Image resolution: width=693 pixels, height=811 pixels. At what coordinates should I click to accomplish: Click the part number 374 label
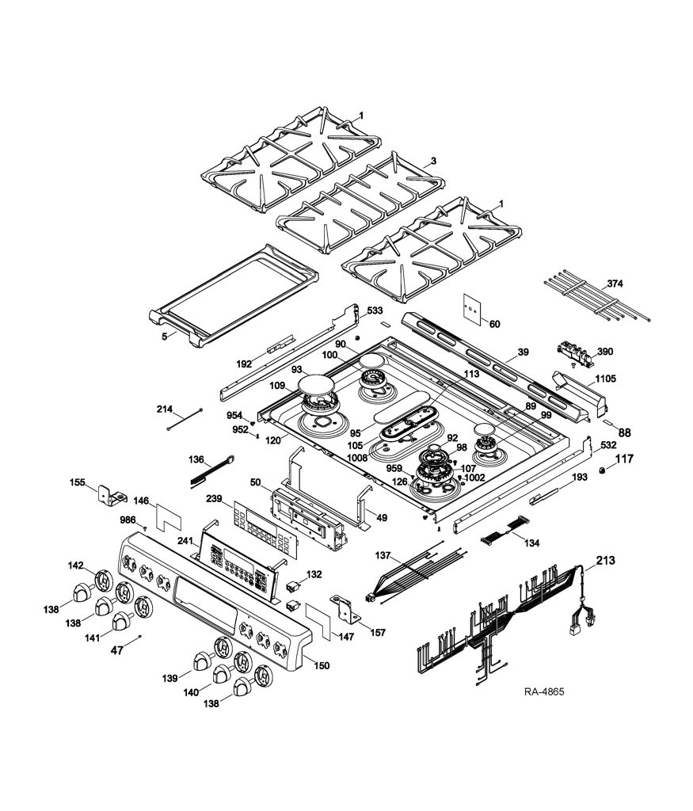click(615, 284)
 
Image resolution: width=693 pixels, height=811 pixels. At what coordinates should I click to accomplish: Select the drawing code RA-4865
click(544, 691)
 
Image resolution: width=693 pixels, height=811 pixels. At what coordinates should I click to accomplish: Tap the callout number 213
click(606, 560)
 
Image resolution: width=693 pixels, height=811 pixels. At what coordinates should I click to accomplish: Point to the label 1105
click(606, 379)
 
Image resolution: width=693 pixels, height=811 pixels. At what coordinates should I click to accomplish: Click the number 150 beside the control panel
click(322, 665)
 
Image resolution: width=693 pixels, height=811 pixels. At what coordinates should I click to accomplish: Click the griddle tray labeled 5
click(234, 295)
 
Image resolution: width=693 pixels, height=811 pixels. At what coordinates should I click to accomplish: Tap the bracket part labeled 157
click(345, 609)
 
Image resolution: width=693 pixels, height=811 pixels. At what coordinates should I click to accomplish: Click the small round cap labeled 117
click(602, 470)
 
